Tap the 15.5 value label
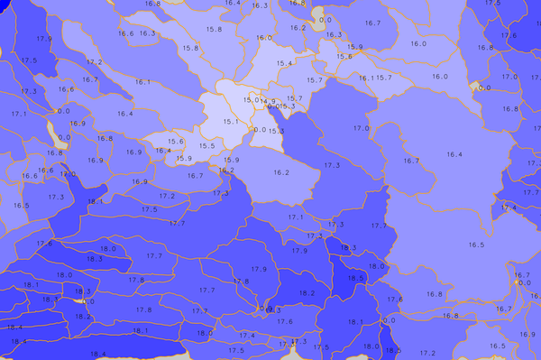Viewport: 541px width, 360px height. [206, 145]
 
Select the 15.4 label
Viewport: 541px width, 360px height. [284, 63]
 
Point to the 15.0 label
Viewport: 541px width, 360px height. [251, 99]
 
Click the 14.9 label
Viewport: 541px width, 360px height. [268, 101]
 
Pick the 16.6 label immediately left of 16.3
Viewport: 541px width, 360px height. [125, 33]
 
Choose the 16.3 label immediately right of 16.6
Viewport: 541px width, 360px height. [146, 33]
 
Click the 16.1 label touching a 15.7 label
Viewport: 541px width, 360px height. [365, 78]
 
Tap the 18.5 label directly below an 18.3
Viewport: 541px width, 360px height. [354, 279]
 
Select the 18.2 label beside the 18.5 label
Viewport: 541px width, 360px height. [307, 293]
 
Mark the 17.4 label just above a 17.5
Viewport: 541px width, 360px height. [314, 236]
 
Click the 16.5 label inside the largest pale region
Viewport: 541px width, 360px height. [476, 245]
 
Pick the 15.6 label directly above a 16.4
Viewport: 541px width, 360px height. [176, 141]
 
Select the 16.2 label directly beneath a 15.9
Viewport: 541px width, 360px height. [226, 170]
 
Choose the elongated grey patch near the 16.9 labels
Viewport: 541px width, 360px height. [63, 137]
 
